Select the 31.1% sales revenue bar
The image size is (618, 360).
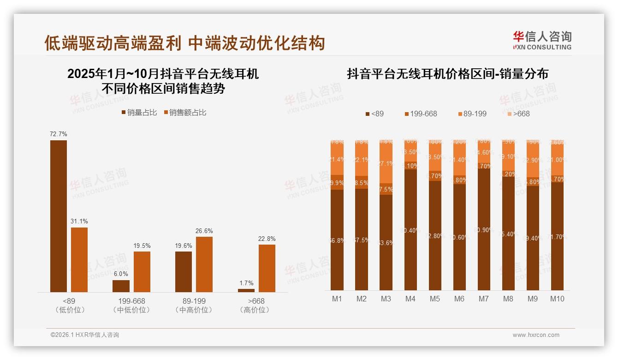pos(79,259)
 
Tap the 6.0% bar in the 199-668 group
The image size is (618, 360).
pos(121,286)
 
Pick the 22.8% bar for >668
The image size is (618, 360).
pos(267,268)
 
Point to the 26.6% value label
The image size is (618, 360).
pos(204,231)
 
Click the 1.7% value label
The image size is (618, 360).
pos(246,283)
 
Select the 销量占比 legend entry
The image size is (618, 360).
pos(139,112)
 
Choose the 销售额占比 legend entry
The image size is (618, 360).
pos(184,112)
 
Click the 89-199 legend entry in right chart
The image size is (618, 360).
pos(472,114)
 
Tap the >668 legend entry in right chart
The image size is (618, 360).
pos(519,114)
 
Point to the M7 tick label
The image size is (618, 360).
pos(483,299)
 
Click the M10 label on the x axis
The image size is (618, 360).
pos(557,299)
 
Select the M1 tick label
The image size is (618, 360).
pos(337,299)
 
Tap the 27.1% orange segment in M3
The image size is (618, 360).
pos(386,163)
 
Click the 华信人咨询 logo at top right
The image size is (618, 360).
pos(542,40)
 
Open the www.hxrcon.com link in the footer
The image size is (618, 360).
pos(536,335)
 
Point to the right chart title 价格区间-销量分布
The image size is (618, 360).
pos(447,74)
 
